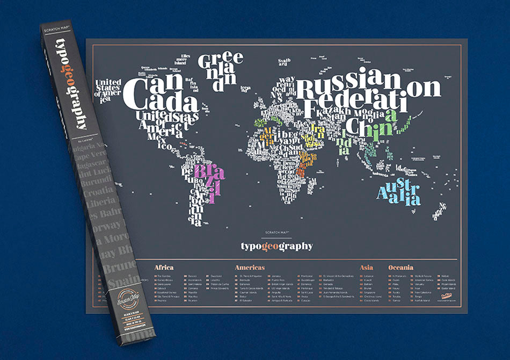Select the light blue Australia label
[x=398, y=192]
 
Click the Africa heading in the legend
[x=164, y=267]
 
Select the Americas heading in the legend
[x=250, y=267]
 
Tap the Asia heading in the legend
[x=366, y=267]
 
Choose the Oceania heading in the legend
[x=400, y=267]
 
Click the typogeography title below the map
[x=276, y=246]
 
